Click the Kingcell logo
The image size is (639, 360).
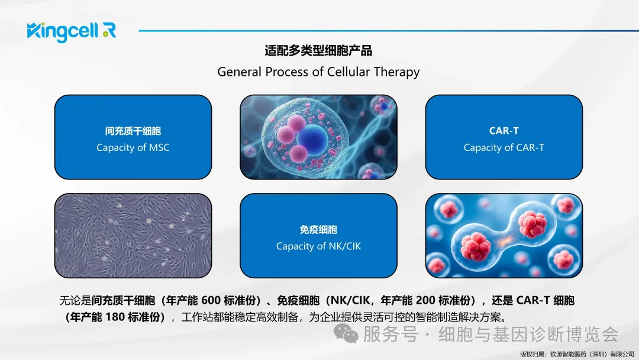[x=72, y=32]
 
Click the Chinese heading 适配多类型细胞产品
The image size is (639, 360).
[x=318, y=51]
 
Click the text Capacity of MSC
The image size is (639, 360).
[x=133, y=147]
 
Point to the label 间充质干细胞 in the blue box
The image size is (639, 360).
[x=133, y=131]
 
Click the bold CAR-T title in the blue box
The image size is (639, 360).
[x=504, y=131]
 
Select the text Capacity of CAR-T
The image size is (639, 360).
[x=504, y=147]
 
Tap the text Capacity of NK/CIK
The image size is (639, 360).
[x=318, y=246]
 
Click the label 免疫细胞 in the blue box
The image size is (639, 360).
[x=318, y=230]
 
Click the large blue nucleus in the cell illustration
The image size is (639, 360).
[x=312, y=140]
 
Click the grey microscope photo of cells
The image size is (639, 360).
[x=133, y=236]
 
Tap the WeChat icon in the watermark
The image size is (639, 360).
[x=346, y=334]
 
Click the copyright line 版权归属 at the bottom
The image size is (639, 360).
[x=577, y=354]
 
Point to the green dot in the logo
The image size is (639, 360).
[x=106, y=34]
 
